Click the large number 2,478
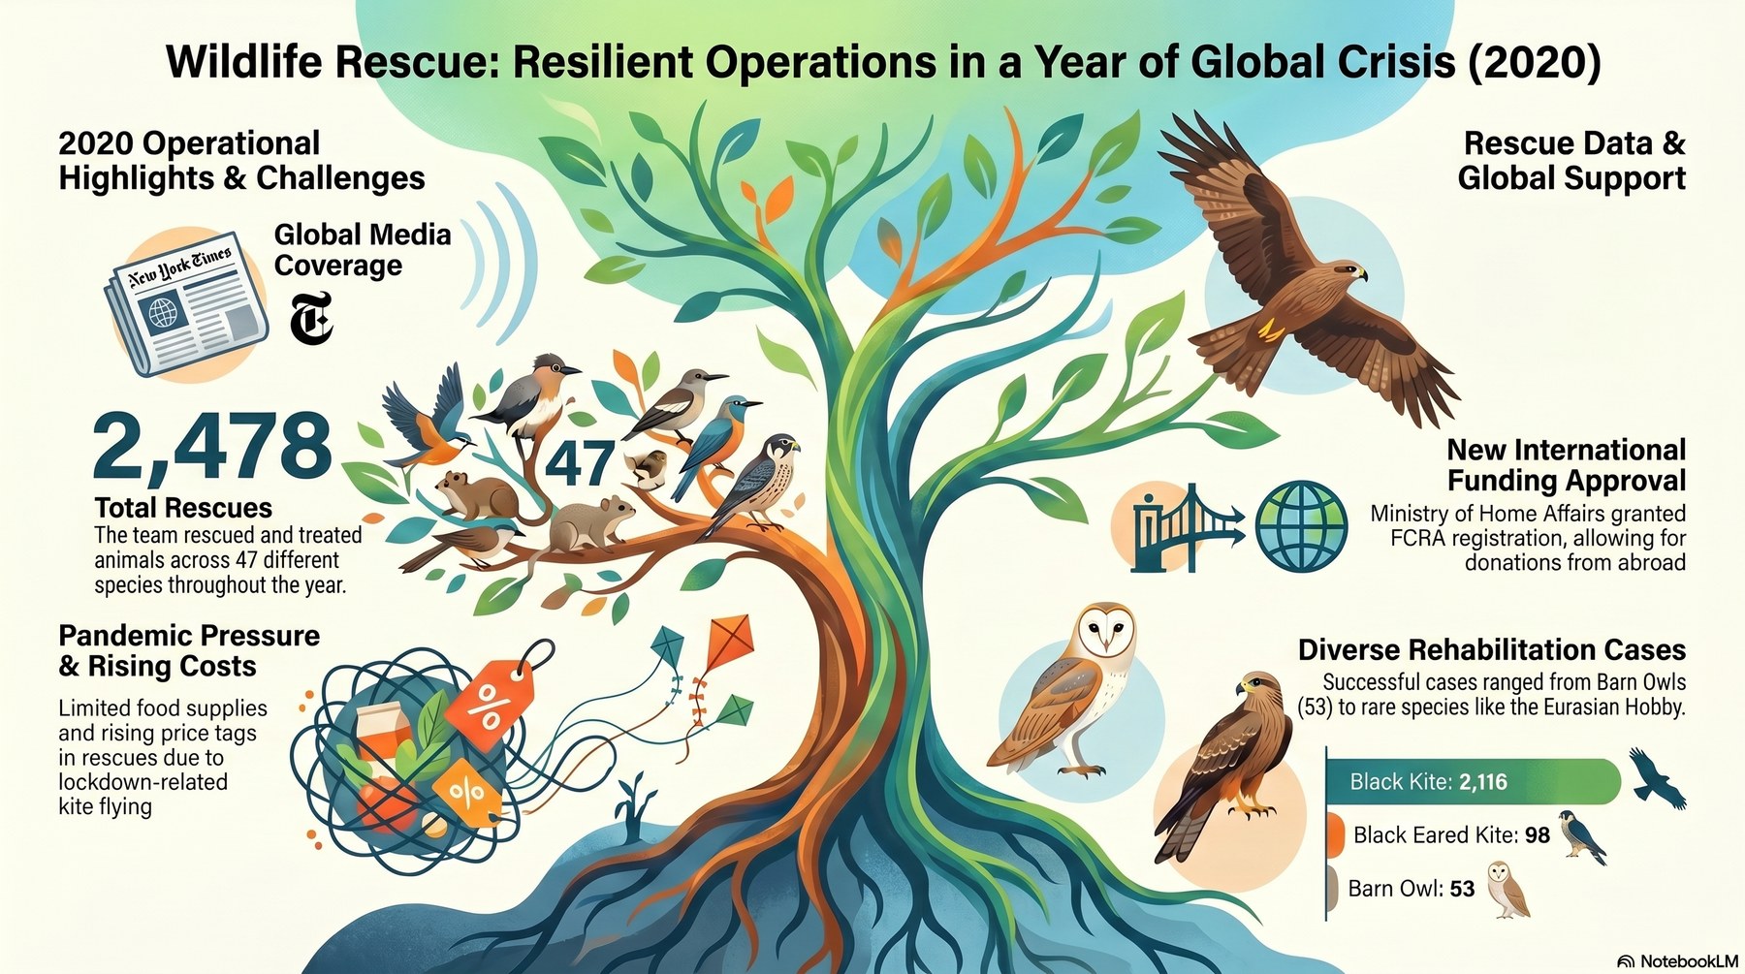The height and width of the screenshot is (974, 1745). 212,447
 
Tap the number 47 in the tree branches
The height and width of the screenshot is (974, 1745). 580,463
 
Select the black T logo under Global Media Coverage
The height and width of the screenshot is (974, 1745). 311,319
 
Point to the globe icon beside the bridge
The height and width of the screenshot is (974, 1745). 1301,526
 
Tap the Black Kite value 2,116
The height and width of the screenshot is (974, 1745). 1482,782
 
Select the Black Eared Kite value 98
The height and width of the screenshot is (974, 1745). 1537,835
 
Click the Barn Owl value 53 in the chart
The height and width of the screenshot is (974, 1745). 1461,889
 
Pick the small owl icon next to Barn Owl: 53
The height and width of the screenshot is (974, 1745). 1507,889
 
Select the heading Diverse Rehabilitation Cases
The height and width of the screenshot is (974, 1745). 1492,649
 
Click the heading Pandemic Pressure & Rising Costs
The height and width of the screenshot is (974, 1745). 189,651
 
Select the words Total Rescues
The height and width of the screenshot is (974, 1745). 183,508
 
